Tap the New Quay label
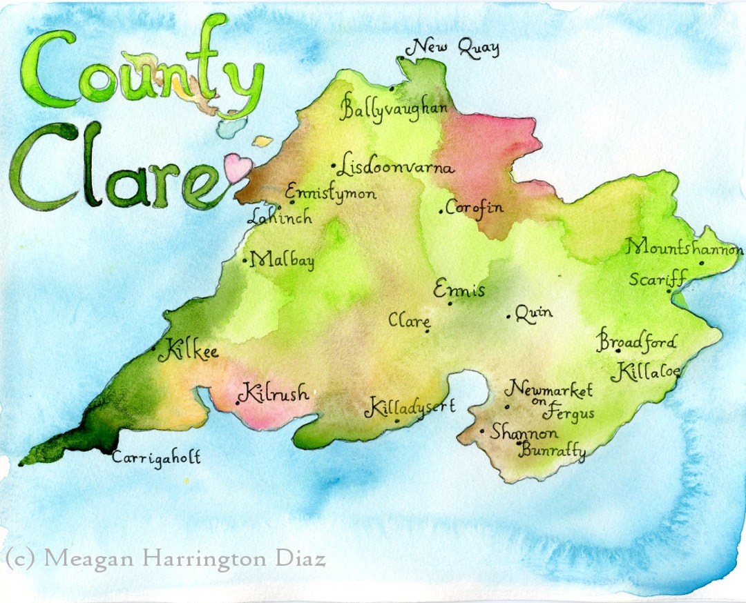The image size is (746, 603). click(453, 48)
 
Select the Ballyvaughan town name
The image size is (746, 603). click(394, 109)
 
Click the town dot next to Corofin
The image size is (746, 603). click(441, 211)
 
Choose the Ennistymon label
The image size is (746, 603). click(331, 192)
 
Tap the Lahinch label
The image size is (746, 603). click(280, 217)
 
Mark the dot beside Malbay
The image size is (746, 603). click(245, 261)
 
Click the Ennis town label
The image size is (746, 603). click(459, 290)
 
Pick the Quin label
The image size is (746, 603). click(534, 313)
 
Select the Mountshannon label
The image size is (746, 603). click(685, 248)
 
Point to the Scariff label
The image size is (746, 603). click(656, 279)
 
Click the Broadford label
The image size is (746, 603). click(637, 342)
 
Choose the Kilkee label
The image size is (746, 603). click(188, 352)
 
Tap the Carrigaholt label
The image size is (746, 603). click(156, 457)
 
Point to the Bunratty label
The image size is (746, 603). click(553, 453)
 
